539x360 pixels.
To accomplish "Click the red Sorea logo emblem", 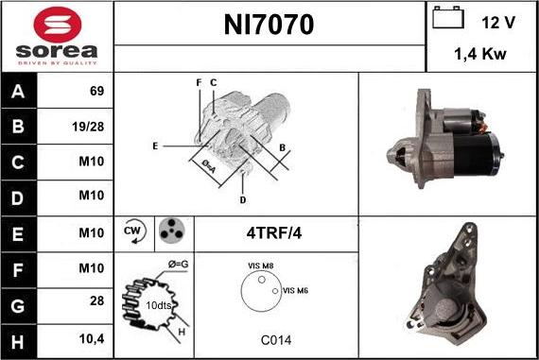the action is [x=58, y=25].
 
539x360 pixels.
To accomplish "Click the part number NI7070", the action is [x=269, y=25].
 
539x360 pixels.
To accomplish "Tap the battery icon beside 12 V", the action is [x=448, y=17].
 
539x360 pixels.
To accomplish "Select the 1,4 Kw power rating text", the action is [x=480, y=54].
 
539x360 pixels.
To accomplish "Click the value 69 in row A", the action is [x=96, y=91].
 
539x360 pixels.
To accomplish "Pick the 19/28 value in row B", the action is [x=88, y=127].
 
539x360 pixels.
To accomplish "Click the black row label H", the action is [x=18, y=342].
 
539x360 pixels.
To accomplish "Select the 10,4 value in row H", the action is [x=92, y=339].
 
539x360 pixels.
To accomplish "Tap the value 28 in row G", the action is [x=97, y=300].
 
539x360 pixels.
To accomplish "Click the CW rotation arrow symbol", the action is [x=134, y=231].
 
